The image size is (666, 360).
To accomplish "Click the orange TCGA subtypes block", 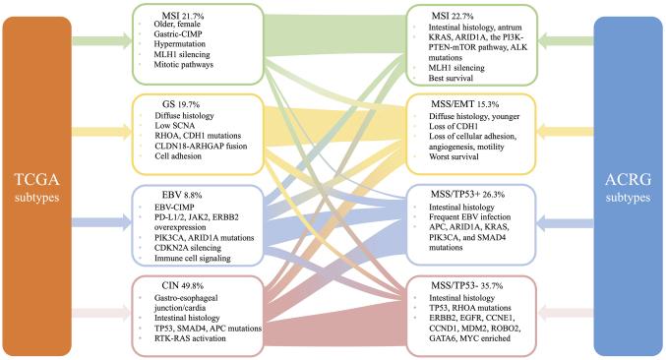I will pos(37,179).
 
